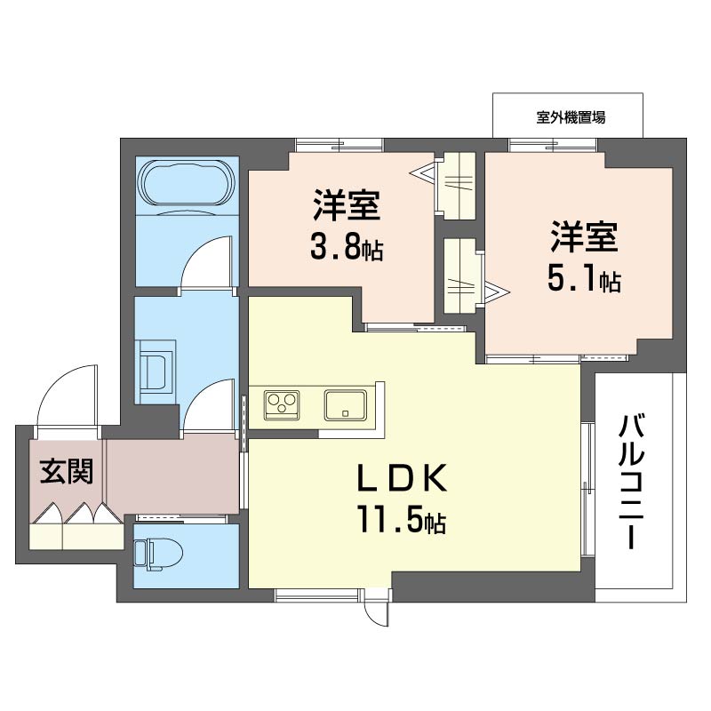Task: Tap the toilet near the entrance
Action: [x=156, y=554]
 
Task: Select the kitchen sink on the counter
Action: [x=347, y=405]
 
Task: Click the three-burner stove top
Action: [x=283, y=405]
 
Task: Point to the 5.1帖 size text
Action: [x=583, y=280]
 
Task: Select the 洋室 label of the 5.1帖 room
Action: [x=583, y=237]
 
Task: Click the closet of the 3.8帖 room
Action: [x=459, y=185]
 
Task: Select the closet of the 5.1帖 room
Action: [x=461, y=276]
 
